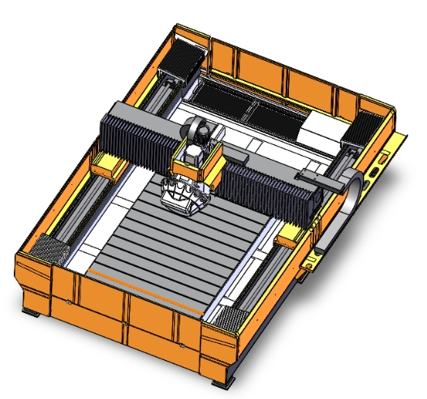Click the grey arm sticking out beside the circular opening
(319, 180)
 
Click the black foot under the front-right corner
(221, 382)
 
